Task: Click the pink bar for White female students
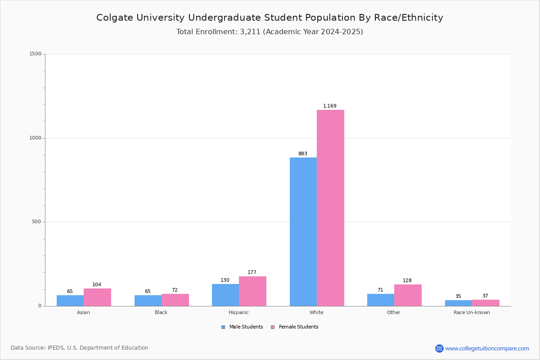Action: click(330, 208)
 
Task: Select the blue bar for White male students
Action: click(303, 232)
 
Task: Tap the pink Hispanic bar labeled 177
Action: click(252, 291)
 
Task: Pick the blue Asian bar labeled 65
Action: click(70, 301)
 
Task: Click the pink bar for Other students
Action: click(408, 295)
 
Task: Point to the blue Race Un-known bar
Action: click(458, 303)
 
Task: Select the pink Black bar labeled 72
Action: click(175, 300)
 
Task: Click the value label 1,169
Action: click(329, 106)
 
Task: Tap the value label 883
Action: click(302, 154)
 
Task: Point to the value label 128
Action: click(407, 281)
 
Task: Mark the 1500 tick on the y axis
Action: click(35, 54)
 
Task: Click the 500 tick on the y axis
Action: click(36, 222)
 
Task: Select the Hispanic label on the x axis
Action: click(238, 312)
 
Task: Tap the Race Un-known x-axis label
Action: click(472, 312)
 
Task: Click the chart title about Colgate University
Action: click(270, 18)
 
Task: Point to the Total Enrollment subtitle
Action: click(270, 32)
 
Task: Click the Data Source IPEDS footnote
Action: click(80, 348)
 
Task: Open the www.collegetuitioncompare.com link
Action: click(486, 348)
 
